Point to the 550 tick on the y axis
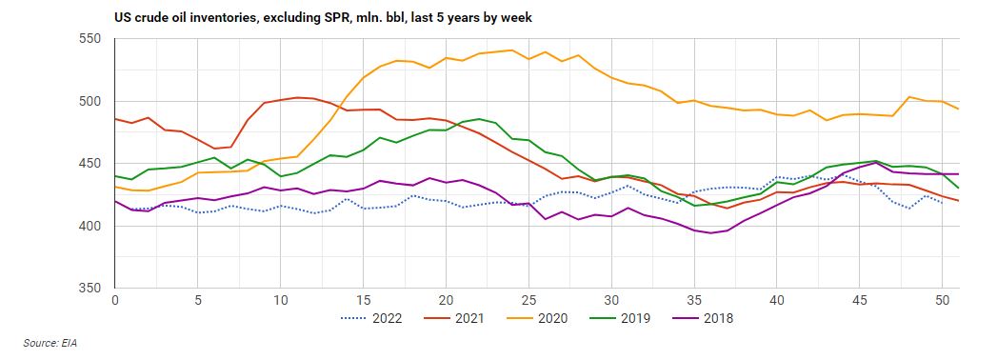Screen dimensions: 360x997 pos(90,39)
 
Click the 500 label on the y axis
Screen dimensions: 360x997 pos(90,101)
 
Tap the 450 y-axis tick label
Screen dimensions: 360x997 pos(90,164)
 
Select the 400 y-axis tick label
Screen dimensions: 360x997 pos(90,226)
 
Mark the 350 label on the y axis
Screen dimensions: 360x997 pos(90,288)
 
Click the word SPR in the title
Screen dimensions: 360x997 pos(320,16)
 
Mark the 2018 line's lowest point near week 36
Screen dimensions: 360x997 pos(710,233)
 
